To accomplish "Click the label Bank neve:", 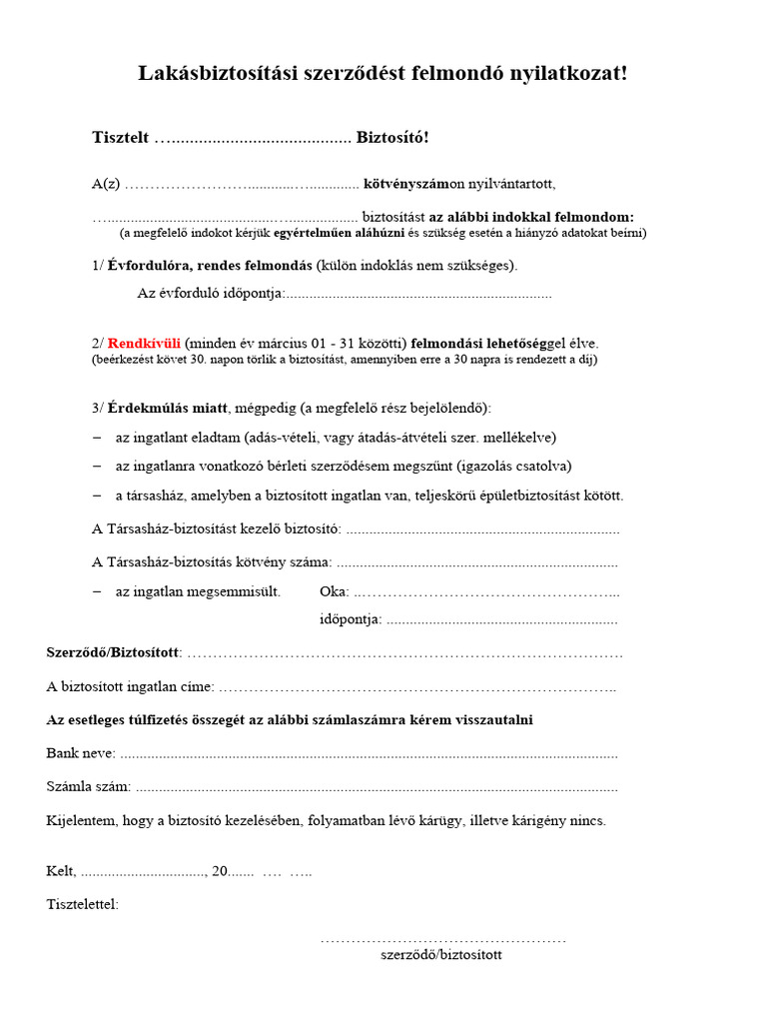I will click(81, 753).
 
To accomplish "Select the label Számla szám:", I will click(88, 787).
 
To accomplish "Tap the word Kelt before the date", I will click(61, 871).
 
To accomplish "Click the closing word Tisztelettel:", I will click(82, 905).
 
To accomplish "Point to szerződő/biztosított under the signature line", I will click(440, 955).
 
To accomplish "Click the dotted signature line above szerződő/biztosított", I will click(442, 940).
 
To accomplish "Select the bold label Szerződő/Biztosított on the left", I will click(113, 652).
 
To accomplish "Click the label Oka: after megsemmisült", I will click(334, 591).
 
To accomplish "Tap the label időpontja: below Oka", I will click(351, 619).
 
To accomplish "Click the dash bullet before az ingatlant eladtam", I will click(97, 438).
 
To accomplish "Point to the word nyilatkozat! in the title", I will click(570, 74).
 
